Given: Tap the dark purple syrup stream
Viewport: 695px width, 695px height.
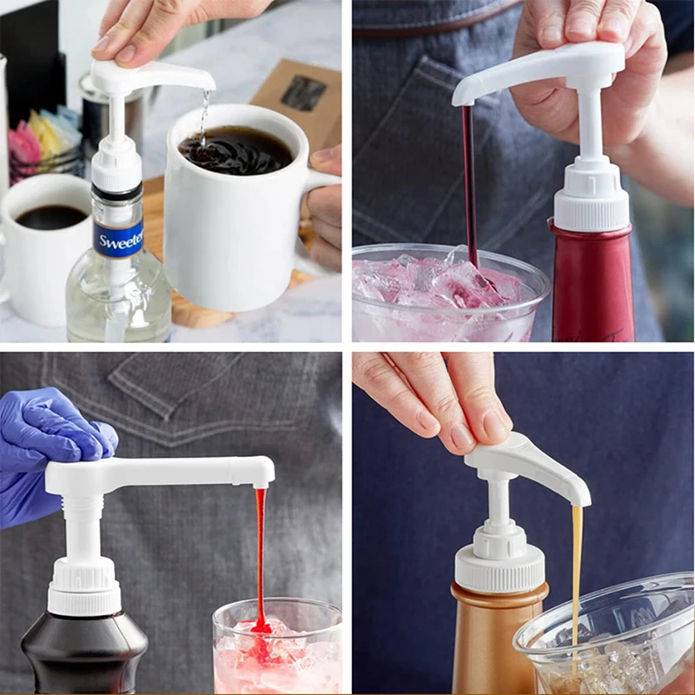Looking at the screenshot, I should (469, 182).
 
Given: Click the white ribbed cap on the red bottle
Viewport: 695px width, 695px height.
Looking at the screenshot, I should (591, 204).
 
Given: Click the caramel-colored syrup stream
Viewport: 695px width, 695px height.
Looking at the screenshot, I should (576, 565).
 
